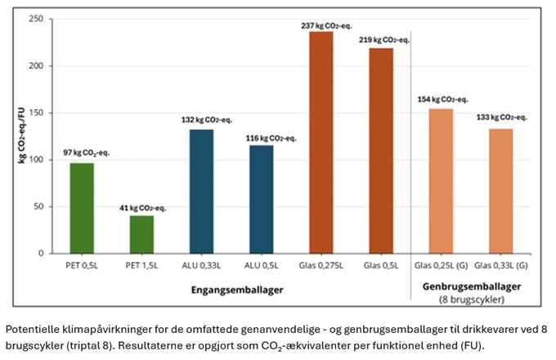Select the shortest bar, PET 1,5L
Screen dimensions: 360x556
[141, 234]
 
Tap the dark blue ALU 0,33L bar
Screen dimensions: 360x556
[201, 191]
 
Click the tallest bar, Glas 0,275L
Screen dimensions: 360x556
[321, 142]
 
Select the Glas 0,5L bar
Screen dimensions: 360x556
[381, 151]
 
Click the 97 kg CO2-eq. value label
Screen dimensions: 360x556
[83, 153]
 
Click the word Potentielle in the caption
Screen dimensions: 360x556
[30, 327]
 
